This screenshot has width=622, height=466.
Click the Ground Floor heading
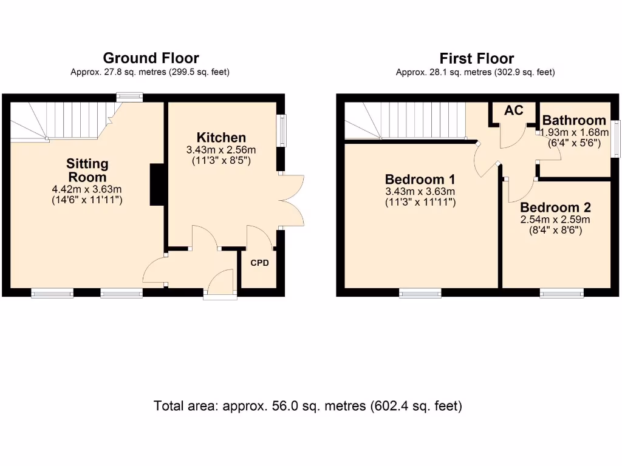pyautogui.click(x=151, y=58)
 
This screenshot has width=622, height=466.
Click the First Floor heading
pyautogui.click(x=476, y=59)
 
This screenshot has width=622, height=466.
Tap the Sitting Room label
pyautogui.click(x=87, y=171)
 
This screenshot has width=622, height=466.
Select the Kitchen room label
pyautogui.click(x=221, y=138)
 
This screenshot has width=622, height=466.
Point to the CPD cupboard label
pyautogui.click(x=259, y=263)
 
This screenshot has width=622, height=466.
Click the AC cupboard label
pyautogui.click(x=514, y=110)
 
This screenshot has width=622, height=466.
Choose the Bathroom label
pyautogui.click(x=574, y=120)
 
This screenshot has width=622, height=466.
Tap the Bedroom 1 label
pyautogui.click(x=420, y=180)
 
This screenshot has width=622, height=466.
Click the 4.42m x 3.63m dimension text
pyautogui.click(x=87, y=189)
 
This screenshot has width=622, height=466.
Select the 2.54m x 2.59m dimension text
pyautogui.click(x=555, y=220)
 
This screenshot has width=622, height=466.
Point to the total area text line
pyautogui.click(x=308, y=406)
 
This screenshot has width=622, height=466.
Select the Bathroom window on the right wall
pyautogui.click(x=615, y=140)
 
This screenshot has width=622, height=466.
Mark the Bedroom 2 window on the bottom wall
pyautogui.click(x=562, y=294)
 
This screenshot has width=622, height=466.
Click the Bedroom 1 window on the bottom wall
pyautogui.click(x=420, y=294)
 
